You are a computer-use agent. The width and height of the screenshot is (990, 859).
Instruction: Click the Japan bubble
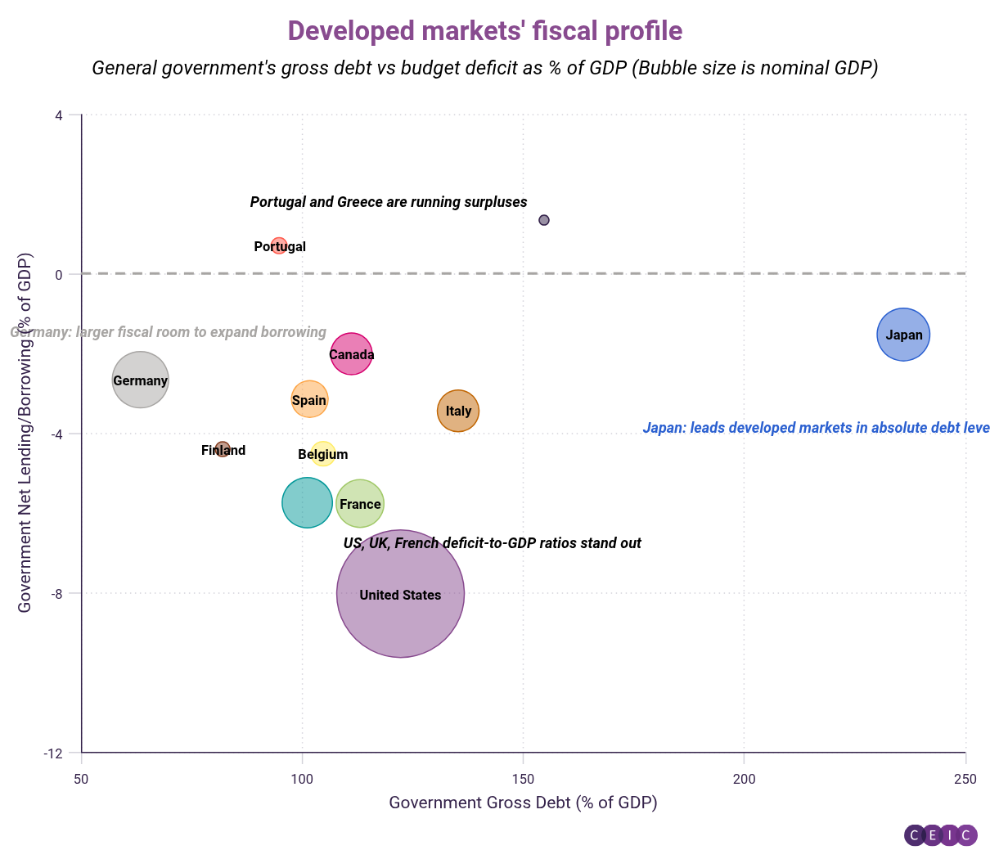[x=903, y=334]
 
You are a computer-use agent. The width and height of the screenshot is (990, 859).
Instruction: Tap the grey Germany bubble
[x=140, y=380]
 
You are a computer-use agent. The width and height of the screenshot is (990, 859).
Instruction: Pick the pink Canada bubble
[x=351, y=354]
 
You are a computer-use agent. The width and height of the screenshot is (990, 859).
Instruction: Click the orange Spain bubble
[x=309, y=399]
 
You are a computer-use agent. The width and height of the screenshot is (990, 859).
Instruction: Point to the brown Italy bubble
[x=458, y=411]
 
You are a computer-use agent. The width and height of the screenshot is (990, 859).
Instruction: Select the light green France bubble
[x=360, y=503]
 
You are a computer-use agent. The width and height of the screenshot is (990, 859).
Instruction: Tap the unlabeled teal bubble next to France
[x=306, y=502]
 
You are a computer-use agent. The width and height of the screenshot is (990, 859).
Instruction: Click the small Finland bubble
[x=223, y=449]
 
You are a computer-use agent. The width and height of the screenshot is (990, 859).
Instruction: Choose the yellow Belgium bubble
[x=323, y=453]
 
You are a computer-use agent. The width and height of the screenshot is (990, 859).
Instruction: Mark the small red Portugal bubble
[x=279, y=245]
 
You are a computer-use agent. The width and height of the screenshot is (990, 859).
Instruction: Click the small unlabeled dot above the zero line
[x=544, y=220]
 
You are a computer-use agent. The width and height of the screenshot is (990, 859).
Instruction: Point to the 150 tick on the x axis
[x=524, y=779]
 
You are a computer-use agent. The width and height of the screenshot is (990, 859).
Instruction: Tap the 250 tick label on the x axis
[x=965, y=779]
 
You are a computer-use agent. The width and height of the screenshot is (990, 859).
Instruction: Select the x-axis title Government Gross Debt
[x=523, y=803]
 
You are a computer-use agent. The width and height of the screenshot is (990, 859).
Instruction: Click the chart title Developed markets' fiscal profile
[x=485, y=31]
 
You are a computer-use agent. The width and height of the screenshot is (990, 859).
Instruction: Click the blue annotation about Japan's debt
[x=816, y=428]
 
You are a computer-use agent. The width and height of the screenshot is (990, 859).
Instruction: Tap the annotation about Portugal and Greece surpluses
[x=389, y=202]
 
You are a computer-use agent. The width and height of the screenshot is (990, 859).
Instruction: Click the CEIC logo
[x=940, y=835]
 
